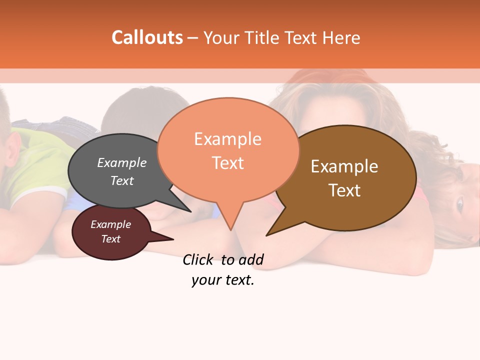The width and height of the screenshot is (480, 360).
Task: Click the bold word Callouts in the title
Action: [147, 37]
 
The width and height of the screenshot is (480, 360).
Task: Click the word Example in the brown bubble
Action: [344, 166]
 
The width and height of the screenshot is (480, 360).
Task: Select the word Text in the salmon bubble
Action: [228, 163]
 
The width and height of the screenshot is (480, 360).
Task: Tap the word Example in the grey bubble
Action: [122, 163]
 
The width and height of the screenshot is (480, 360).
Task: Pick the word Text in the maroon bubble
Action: [111, 239]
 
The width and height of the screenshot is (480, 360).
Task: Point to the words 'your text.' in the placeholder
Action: [223, 280]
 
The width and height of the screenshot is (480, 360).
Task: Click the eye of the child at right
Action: [459, 203]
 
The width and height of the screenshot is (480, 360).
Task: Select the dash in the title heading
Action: [193, 38]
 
